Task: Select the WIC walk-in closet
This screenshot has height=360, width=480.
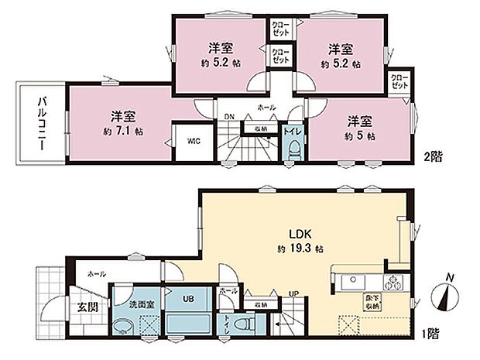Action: [x=194, y=141]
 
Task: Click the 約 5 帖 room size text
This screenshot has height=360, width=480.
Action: [x=361, y=136]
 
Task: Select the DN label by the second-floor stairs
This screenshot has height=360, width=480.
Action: [x=229, y=118]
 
